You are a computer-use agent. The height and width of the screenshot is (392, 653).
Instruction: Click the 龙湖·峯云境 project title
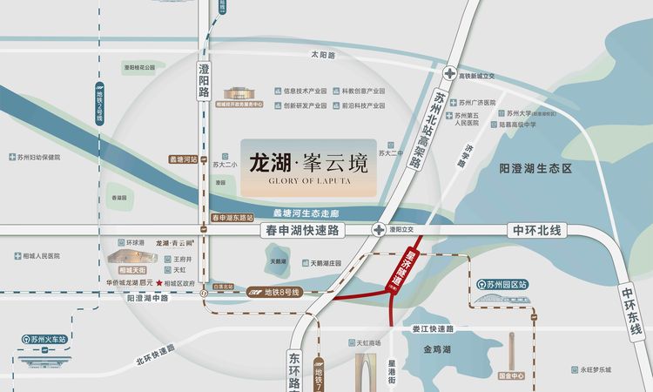(x=308, y=162)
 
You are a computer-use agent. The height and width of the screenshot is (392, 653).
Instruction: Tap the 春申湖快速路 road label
(x=302, y=230)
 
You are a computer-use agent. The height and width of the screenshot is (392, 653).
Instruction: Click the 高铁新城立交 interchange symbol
(x=449, y=76)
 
